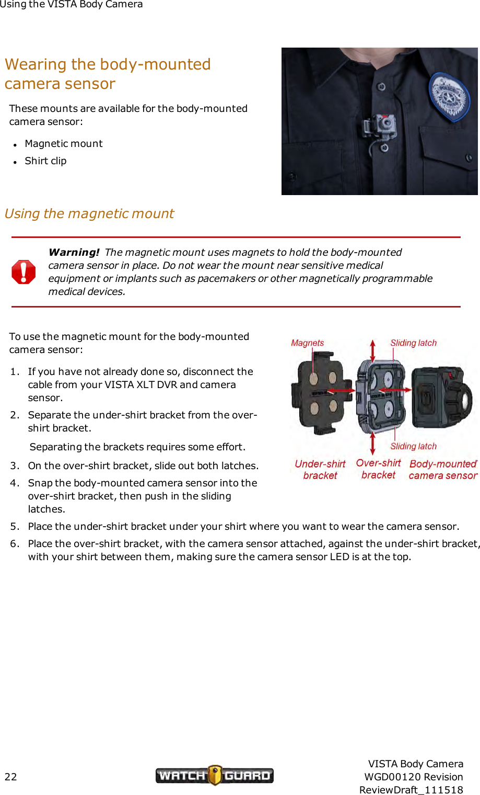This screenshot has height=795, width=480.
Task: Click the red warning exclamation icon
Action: [x=24, y=272]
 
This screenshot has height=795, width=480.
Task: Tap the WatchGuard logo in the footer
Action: [x=214, y=775]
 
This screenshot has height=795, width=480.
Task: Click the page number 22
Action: [x=10, y=777]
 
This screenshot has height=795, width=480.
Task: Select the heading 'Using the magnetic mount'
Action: [x=89, y=214]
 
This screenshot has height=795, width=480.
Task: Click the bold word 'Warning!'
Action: [x=74, y=252]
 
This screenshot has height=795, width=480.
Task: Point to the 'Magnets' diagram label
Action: [x=307, y=343]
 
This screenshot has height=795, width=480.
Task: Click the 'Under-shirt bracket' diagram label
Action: [x=320, y=470]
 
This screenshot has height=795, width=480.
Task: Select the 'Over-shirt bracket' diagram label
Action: [x=378, y=469]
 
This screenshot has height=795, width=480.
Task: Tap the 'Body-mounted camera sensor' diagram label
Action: [x=443, y=470]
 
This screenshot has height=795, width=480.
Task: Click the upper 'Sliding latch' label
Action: [x=413, y=343]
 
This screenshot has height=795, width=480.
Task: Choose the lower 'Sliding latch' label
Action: [x=413, y=446]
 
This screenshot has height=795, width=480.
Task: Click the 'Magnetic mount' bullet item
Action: [x=63, y=144]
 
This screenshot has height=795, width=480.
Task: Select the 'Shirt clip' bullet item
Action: [x=45, y=161]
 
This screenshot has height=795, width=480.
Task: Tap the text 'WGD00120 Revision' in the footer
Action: [x=413, y=777]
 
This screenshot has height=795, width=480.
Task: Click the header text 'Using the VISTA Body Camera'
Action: [x=72, y=5]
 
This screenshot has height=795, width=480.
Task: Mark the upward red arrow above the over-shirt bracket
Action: [x=372, y=349]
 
